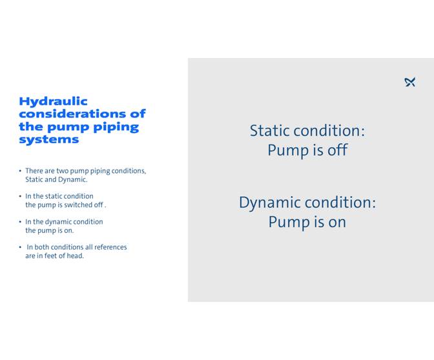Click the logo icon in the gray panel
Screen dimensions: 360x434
409,82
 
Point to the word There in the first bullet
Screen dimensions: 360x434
35,171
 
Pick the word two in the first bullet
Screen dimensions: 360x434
63,171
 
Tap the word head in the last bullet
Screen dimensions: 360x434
74,255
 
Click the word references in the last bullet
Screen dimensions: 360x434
108,247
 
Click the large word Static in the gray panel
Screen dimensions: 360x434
271,131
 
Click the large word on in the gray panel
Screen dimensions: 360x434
336,222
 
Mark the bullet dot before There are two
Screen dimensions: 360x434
20,171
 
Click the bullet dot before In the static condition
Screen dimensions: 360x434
20,196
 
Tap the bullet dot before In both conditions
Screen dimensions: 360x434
20,247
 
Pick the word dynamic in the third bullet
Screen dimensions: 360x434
60,222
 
